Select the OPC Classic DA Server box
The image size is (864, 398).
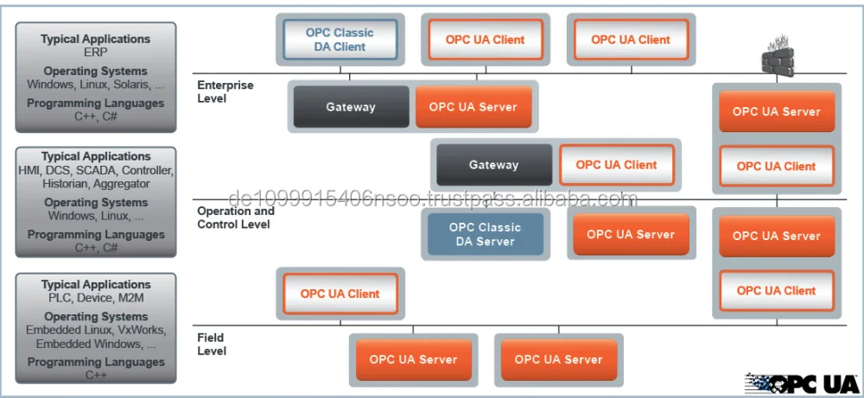[x=485, y=235]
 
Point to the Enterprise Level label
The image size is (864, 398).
[x=226, y=92]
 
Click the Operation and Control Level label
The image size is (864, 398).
[x=235, y=218]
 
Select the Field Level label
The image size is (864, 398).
[x=212, y=344]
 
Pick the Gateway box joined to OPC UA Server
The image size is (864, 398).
[x=350, y=107]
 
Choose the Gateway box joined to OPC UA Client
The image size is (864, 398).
[x=493, y=165]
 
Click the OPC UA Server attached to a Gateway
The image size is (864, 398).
[x=473, y=107]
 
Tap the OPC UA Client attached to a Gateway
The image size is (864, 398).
[x=616, y=165]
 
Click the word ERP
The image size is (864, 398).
[x=95, y=52]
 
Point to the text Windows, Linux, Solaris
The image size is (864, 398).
[x=95, y=85]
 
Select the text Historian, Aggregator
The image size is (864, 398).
[x=95, y=184]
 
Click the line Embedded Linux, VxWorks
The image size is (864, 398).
[x=95, y=331]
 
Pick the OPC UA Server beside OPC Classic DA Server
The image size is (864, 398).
[x=631, y=235]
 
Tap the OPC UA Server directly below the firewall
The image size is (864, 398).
[x=776, y=111]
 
